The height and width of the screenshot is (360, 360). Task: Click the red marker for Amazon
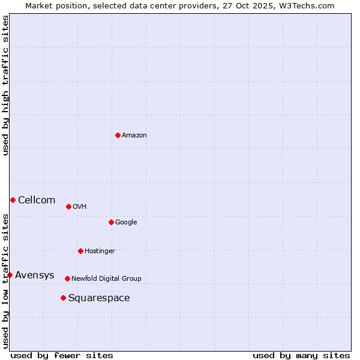(118, 135)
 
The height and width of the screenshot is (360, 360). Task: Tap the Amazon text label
(134, 136)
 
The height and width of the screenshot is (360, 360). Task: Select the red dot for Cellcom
(13, 200)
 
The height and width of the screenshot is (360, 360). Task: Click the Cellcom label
(37, 200)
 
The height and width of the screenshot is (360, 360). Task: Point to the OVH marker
(68, 206)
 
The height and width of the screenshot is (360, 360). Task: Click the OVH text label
(80, 207)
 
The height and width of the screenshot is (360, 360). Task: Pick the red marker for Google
(111, 222)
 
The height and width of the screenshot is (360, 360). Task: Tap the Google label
(126, 223)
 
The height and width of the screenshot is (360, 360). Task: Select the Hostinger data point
(80, 251)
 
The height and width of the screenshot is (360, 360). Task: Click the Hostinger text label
(100, 251)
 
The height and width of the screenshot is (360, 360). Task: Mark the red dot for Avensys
(10, 275)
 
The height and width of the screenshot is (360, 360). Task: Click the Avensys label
(35, 275)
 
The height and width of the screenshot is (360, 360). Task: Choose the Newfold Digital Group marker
(67, 278)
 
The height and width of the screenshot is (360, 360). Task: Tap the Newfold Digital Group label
(106, 279)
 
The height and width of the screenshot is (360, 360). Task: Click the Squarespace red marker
(63, 298)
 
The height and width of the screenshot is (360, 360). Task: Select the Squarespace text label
(99, 298)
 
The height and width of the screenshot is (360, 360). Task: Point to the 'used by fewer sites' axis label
(62, 355)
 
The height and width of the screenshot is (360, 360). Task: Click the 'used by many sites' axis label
(301, 355)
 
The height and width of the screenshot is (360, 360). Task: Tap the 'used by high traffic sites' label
(5, 85)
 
